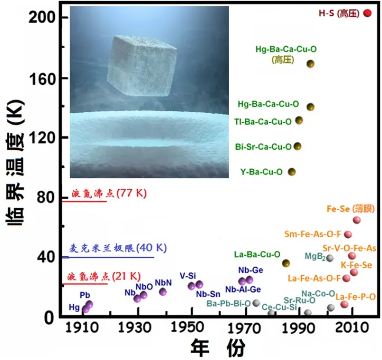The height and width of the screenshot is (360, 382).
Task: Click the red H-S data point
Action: [368, 13]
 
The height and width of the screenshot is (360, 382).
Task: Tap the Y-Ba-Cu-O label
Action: [261, 172]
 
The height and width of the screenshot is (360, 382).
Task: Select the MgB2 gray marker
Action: [330, 258]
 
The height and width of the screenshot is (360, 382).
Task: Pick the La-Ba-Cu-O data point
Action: [286, 263]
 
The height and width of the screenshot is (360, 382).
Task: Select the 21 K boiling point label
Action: [104, 276]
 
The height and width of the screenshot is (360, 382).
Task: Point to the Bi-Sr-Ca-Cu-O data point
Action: [298, 146]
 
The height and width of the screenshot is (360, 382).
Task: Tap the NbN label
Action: [164, 283]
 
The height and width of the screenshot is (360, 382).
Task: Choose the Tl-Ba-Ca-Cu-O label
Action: [263, 122]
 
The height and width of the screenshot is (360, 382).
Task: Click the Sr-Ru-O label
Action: [300, 300]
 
